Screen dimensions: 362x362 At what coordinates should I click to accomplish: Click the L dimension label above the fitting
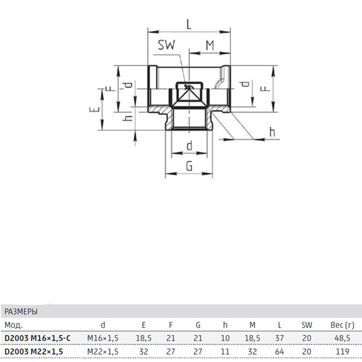[x=189, y=24]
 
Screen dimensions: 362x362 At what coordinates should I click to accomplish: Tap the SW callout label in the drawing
[x=167, y=45]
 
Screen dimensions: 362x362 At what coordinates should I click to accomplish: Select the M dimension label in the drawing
[x=210, y=45]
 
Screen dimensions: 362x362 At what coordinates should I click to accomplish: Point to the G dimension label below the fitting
[x=189, y=166]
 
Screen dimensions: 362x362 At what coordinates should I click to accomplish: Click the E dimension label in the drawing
[x=94, y=109]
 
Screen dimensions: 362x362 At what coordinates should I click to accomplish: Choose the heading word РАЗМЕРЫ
[x=21, y=312]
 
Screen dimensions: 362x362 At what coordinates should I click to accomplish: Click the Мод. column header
[x=14, y=325]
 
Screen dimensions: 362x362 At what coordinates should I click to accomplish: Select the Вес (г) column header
[x=342, y=325]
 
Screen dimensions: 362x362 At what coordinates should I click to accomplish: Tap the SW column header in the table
[x=307, y=325]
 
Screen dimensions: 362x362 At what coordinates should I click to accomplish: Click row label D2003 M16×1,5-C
[x=37, y=338]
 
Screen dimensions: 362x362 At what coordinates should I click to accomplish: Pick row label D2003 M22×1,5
[x=34, y=352]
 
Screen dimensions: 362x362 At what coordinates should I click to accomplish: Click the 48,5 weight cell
[x=342, y=338]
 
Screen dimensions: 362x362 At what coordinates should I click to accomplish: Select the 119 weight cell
[x=342, y=352]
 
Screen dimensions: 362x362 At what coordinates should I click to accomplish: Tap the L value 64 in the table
[x=279, y=352]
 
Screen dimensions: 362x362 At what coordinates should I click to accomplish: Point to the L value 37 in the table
[x=279, y=338]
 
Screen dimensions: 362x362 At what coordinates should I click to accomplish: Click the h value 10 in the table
[x=225, y=338]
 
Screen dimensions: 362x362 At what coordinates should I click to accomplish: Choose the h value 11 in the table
[x=225, y=352]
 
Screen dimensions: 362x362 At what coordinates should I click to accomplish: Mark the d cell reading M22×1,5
[x=103, y=352]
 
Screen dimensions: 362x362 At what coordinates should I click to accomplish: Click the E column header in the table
[x=144, y=325]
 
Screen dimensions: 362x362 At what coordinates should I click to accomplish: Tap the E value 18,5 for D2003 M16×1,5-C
[x=144, y=338]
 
